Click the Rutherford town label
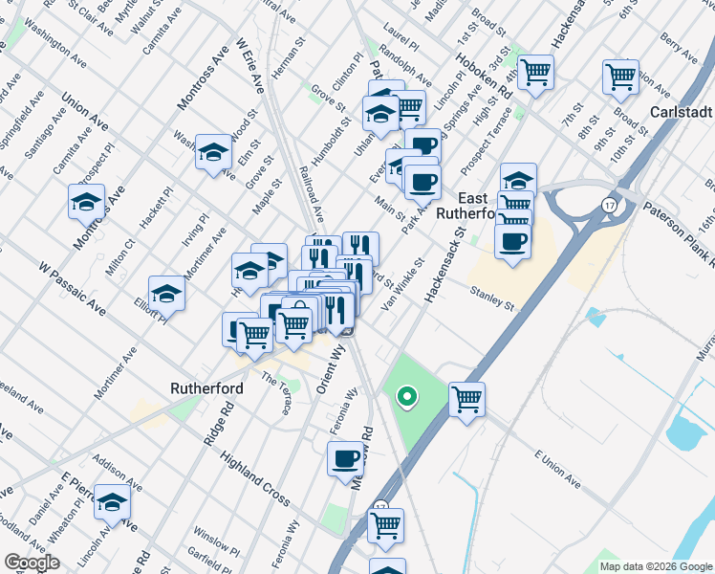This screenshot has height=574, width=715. (206, 388)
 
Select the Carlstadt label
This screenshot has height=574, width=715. (682, 112)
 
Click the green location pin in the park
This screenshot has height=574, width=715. (406, 395)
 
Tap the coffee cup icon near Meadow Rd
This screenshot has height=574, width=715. (345, 458)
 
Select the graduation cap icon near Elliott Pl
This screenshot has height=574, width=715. (166, 293)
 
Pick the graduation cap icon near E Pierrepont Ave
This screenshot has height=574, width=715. (113, 501)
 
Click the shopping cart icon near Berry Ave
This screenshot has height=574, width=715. (620, 76)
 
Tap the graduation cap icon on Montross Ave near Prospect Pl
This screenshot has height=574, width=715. (86, 202)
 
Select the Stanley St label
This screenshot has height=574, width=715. (491, 298)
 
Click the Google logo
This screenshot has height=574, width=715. (32, 563)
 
